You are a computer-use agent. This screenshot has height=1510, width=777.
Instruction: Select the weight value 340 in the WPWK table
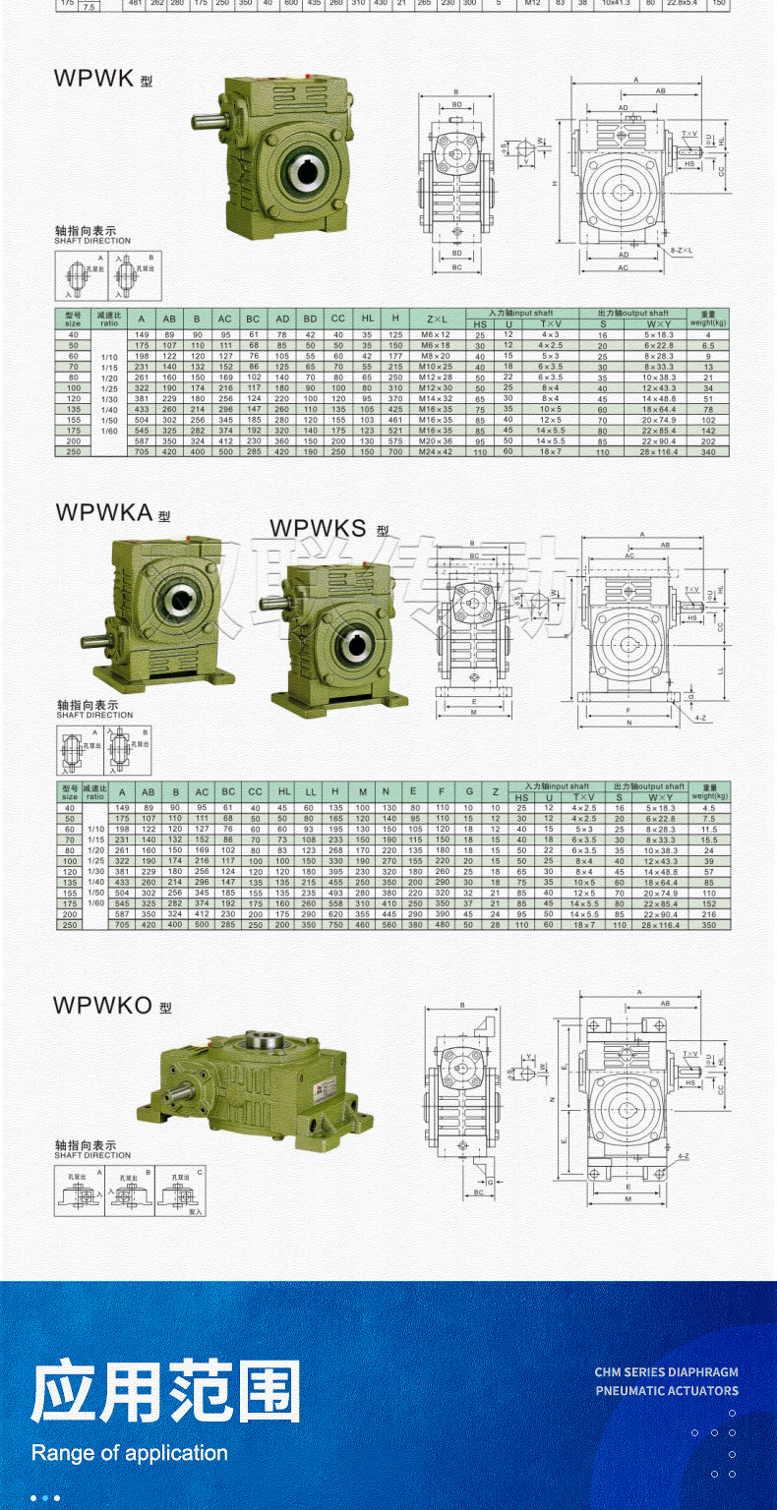coord(707,451)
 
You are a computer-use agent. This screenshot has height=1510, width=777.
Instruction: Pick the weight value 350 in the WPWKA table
coord(709,925)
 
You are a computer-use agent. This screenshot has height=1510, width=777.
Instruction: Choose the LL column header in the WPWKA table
coord(310,792)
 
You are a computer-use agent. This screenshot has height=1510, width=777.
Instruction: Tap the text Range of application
coord(129,1453)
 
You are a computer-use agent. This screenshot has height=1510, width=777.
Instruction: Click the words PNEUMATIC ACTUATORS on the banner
coord(666,1390)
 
